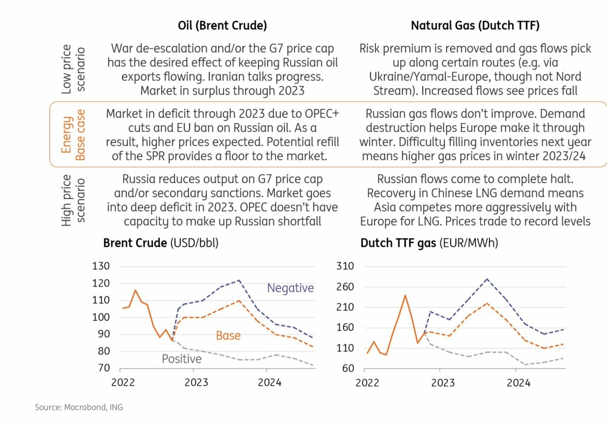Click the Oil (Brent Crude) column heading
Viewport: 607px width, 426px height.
[222, 26]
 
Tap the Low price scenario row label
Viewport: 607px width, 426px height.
[73, 70]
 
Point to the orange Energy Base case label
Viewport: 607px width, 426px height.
[73, 134]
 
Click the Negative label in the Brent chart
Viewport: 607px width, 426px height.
[290, 288]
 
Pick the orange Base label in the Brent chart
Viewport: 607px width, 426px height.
[228, 336]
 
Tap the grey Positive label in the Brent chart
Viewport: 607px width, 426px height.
[182, 359]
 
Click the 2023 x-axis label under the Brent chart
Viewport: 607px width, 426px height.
[196, 383]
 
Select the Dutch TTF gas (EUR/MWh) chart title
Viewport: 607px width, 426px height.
[429, 243]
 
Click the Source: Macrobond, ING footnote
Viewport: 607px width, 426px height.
[78, 407]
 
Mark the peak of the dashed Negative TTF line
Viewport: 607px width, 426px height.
[487, 278]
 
